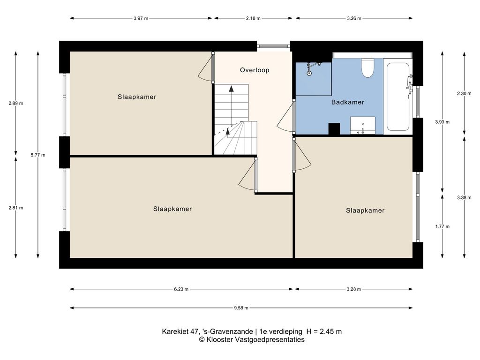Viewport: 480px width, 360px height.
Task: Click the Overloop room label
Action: tap(255, 70)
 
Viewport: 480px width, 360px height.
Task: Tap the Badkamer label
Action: tap(348, 102)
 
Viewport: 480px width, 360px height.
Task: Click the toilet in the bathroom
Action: tap(367, 67)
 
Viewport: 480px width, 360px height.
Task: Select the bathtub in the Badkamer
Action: tap(397, 97)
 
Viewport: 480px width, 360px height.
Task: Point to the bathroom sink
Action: tap(362, 126)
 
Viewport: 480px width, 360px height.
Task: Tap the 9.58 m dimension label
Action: tap(241, 308)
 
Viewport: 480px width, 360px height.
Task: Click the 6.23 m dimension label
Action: tap(181, 289)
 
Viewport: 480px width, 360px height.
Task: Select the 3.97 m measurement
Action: tap(141, 18)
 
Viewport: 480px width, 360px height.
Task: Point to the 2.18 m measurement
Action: tap(253, 18)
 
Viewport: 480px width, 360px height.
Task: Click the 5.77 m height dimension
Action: tap(38, 155)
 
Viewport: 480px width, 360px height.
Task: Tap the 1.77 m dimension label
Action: tap(442, 226)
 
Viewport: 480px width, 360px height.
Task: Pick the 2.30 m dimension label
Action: tap(464, 94)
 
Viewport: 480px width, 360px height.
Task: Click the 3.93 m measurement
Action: tap(442, 122)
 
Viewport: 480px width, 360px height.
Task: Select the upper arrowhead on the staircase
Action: tap(231, 89)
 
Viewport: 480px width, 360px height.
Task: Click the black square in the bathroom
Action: tap(334, 129)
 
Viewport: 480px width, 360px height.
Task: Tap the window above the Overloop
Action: tap(273, 46)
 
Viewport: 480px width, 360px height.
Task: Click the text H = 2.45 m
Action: tap(324, 331)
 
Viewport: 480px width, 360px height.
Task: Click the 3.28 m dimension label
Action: tap(353, 289)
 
